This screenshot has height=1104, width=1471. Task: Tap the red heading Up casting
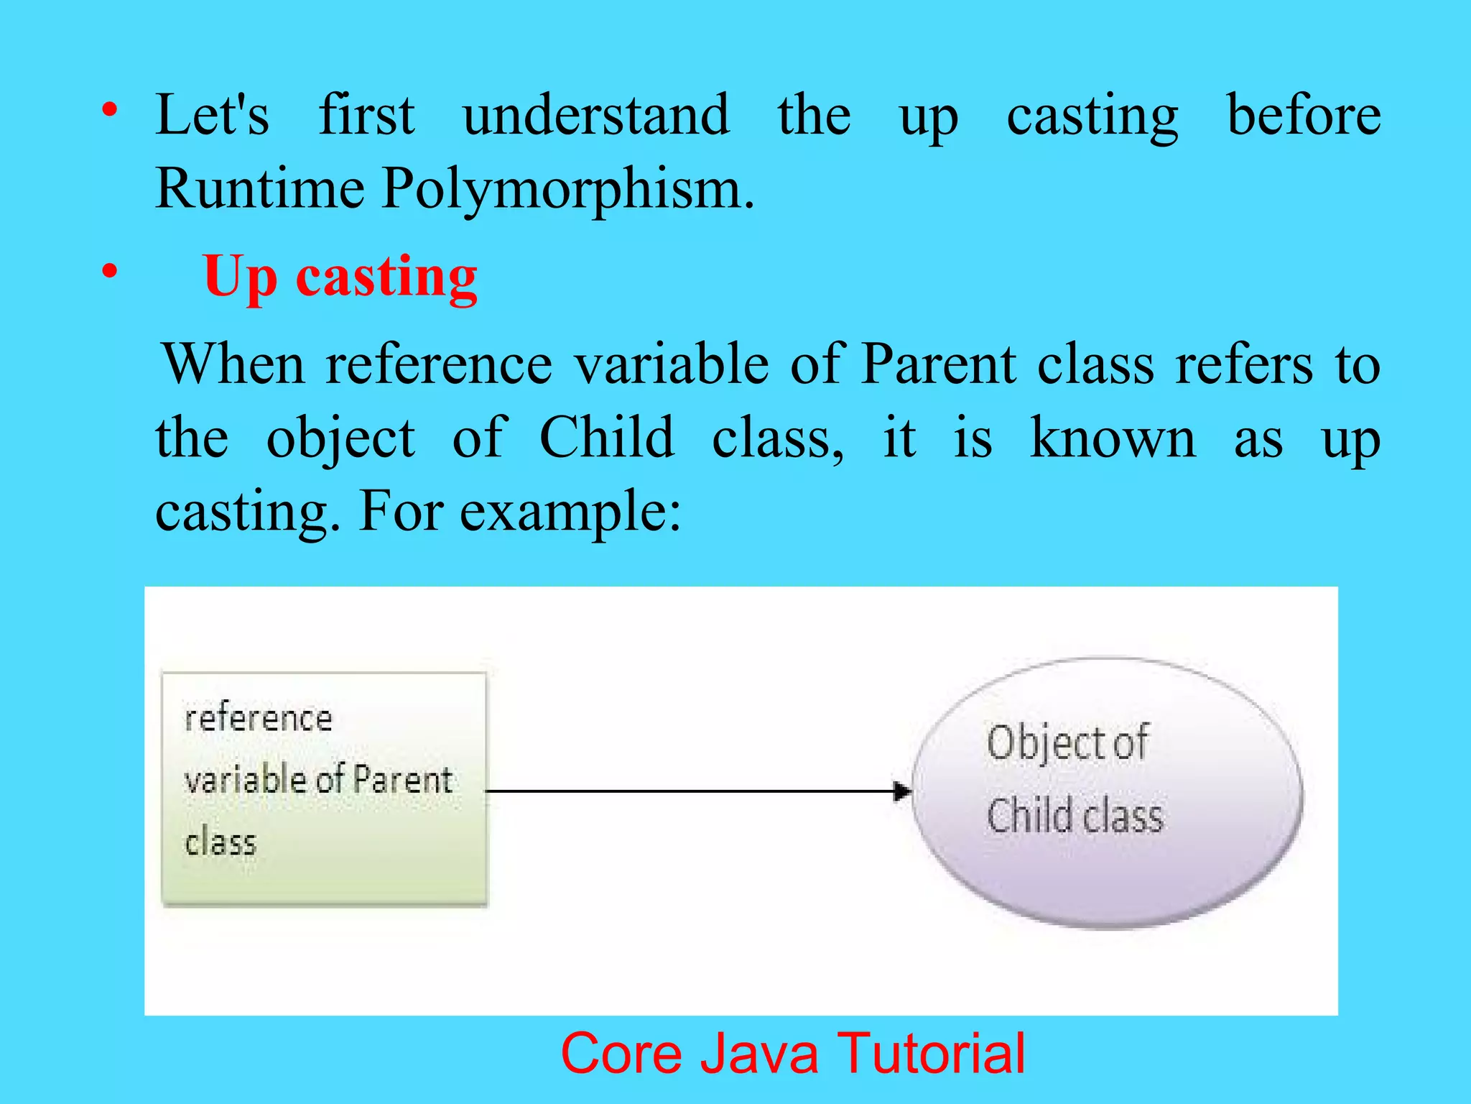click(340, 277)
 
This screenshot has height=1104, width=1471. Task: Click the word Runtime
click(259, 188)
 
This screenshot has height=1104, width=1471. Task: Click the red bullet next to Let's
click(109, 110)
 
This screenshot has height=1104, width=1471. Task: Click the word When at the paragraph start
click(234, 364)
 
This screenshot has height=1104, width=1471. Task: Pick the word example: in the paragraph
click(570, 512)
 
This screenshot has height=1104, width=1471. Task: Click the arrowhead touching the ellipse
click(902, 791)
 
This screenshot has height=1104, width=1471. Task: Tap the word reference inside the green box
click(259, 719)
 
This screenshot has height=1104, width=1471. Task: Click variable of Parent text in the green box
click(319, 781)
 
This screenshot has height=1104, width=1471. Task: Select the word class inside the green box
click(221, 842)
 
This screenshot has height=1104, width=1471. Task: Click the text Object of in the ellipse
click(1067, 742)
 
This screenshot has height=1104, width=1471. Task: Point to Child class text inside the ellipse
click(1075, 816)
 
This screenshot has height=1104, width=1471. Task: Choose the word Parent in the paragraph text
click(938, 364)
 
